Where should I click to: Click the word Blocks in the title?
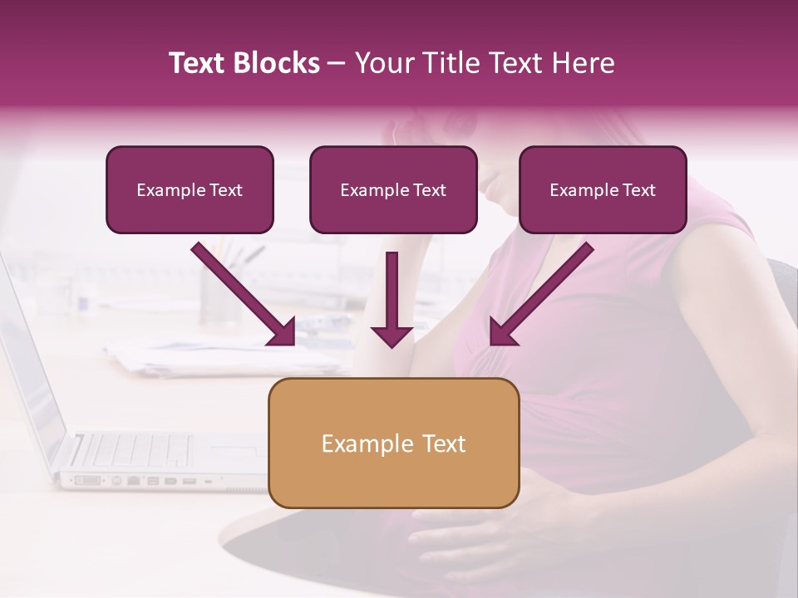tap(278, 63)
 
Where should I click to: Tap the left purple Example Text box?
tap(190, 190)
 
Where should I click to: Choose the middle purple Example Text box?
tap(393, 190)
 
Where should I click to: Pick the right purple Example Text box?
tap(603, 190)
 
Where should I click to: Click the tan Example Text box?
tap(393, 444)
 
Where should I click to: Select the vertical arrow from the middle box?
tap(392, 299)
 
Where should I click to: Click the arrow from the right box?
tap(541, 294)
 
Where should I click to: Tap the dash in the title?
tap(337, 63)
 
